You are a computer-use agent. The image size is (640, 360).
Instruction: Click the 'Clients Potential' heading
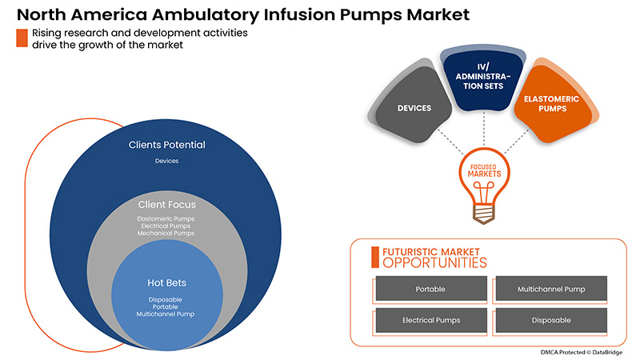coord(166,146)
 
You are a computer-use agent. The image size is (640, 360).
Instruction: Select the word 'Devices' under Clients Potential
coord(166,161)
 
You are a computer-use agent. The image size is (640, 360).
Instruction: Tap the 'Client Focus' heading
coord(166,205)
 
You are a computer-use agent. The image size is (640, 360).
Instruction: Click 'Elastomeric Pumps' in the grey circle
coord(166,218)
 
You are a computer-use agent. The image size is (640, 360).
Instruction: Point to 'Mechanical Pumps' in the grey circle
coord(166,234)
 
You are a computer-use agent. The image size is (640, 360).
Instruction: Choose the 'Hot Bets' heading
coord(166,283)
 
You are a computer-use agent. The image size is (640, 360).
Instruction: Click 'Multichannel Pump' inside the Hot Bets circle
coord(166,314)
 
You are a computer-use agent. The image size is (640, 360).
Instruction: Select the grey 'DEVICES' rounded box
coord(414,107)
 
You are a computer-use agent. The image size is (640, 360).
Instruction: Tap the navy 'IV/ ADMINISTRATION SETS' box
coord(484,81)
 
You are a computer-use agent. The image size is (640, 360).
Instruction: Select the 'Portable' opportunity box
coord(430,289)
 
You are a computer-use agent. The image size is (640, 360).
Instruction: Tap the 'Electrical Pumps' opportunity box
coord(430,320)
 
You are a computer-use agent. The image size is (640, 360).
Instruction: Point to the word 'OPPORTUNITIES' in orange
coord(434,263)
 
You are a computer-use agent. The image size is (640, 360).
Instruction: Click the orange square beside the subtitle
coord(22,38)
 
